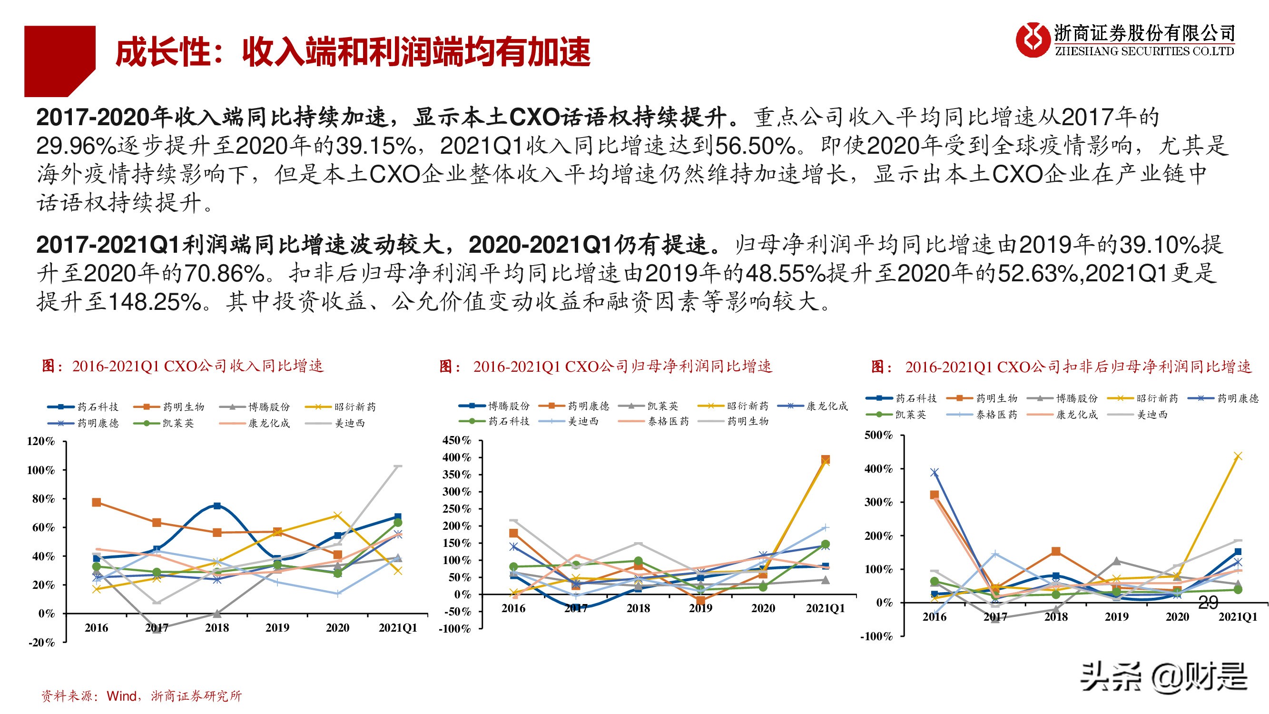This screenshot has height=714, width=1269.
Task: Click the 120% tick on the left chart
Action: point(40,441)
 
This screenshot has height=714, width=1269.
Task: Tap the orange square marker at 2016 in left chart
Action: point(97,502)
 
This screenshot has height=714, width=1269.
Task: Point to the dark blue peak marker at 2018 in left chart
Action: point(217,506)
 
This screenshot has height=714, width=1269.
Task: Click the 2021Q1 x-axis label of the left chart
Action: point(398,628)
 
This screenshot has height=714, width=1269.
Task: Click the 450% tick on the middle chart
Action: point(457,440)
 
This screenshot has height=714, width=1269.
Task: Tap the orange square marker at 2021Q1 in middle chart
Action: point(825,459)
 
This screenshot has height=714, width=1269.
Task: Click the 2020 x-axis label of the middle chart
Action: point(763,608)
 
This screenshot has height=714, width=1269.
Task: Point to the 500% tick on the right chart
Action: point(878,435)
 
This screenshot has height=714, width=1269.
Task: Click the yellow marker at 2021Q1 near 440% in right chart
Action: point(1238,456)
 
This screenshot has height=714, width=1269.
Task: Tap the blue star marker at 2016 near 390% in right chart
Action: point(934,473)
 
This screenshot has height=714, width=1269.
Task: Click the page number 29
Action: point(1208,602)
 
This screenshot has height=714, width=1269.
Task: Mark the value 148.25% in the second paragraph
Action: point(155,302)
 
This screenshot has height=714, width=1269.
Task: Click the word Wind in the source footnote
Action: point(121,696)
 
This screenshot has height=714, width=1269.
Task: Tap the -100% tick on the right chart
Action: point(876,636)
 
